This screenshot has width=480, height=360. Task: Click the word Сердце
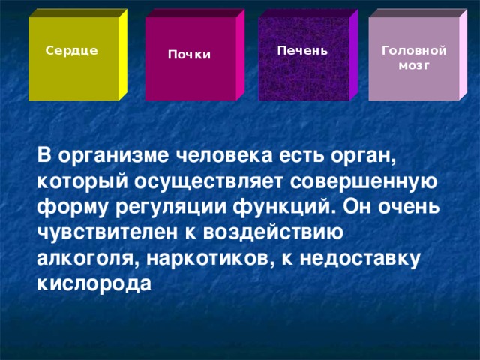tap(70, 50)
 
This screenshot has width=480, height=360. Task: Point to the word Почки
tap(189, 55)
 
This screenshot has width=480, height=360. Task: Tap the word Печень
tap(301, 50)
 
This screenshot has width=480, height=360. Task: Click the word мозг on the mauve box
tap(414, 64)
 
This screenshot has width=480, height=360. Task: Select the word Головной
tap(414, 50)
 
